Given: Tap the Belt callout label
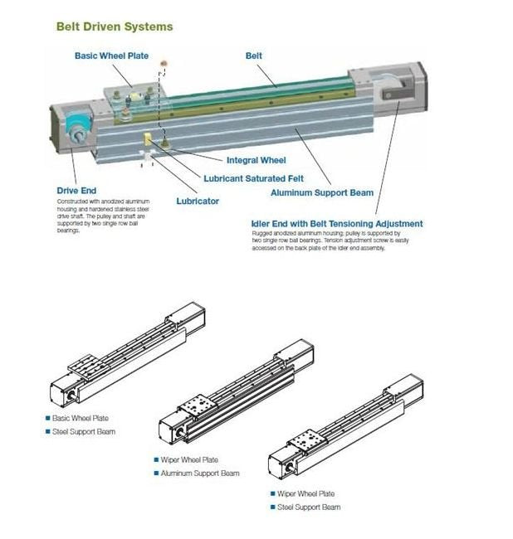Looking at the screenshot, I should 253,56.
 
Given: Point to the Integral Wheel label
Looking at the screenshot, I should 256,160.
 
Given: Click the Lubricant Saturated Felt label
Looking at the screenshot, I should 253,178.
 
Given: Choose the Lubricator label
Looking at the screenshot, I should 198,201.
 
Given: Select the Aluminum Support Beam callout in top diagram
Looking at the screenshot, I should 322,192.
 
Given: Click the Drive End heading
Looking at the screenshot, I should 76,191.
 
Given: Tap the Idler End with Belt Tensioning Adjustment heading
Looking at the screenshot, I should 336,224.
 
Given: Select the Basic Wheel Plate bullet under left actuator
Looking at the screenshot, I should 80,419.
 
